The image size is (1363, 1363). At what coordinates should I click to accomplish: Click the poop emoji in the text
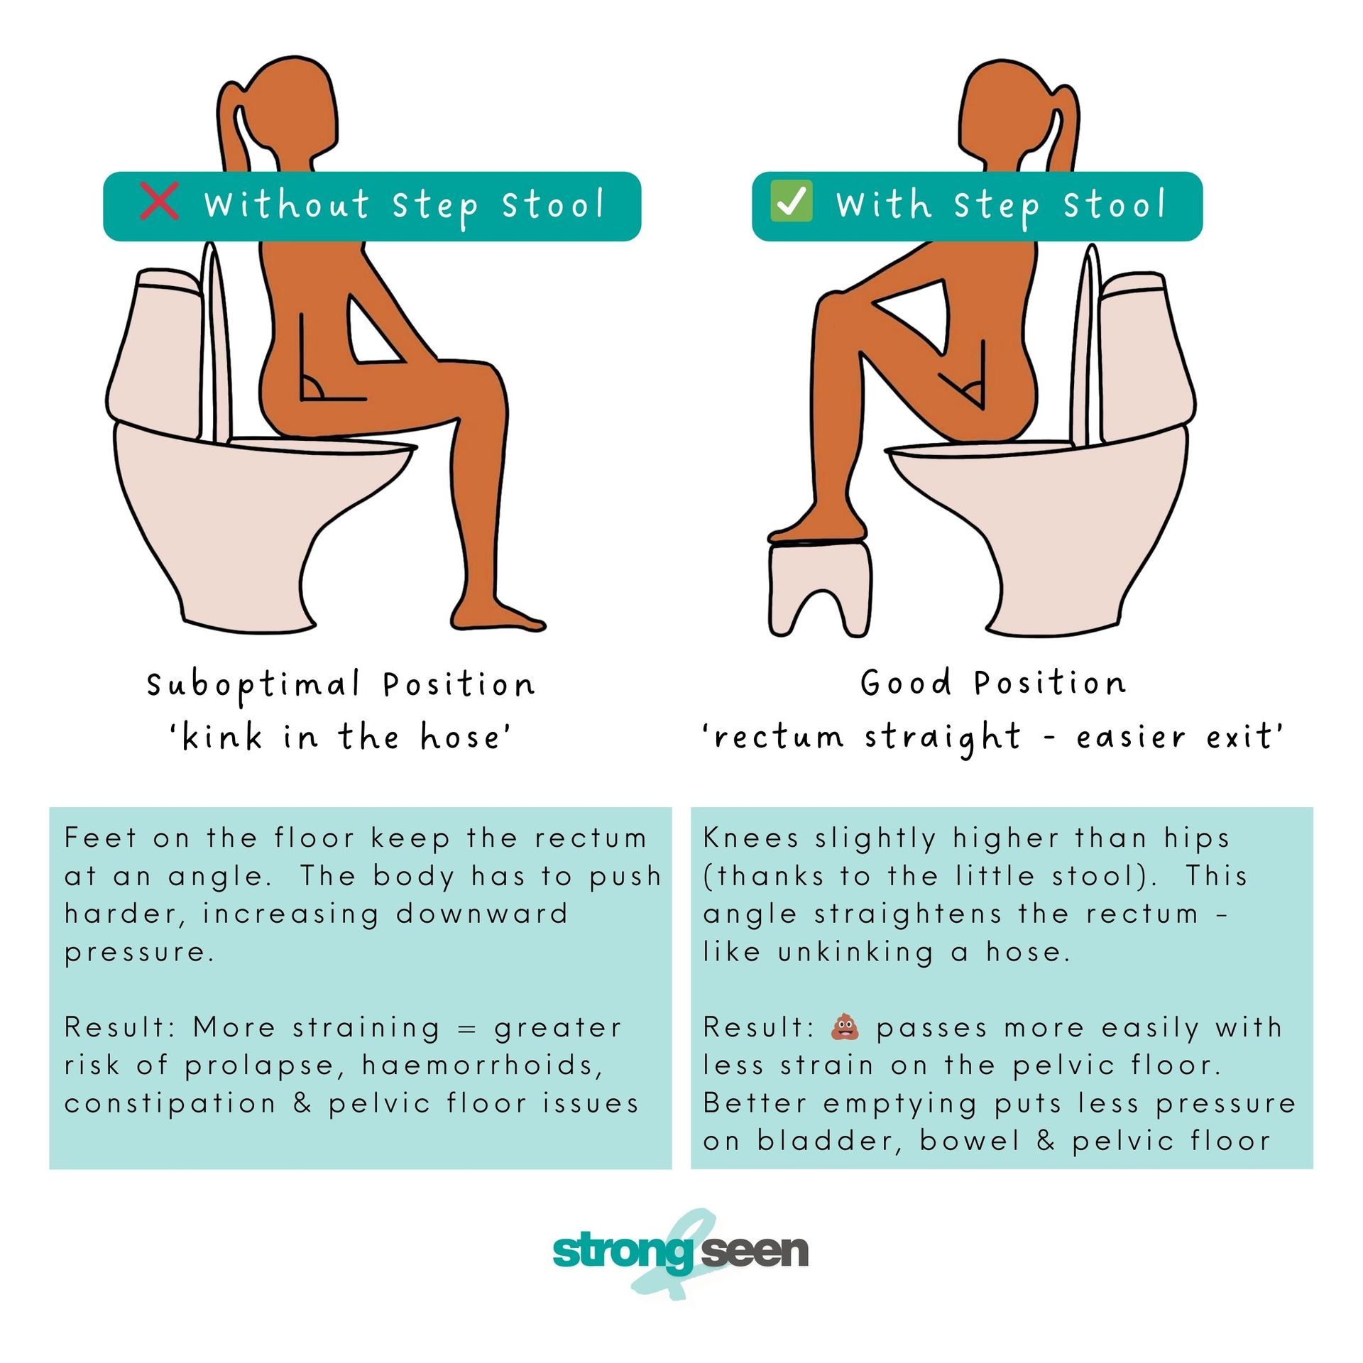pos(845,1027)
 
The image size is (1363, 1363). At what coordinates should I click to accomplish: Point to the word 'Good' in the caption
pos(905,683)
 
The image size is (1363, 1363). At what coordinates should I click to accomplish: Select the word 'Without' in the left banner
pos(287,204)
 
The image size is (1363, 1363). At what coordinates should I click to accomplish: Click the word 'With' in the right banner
pos(883,204)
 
